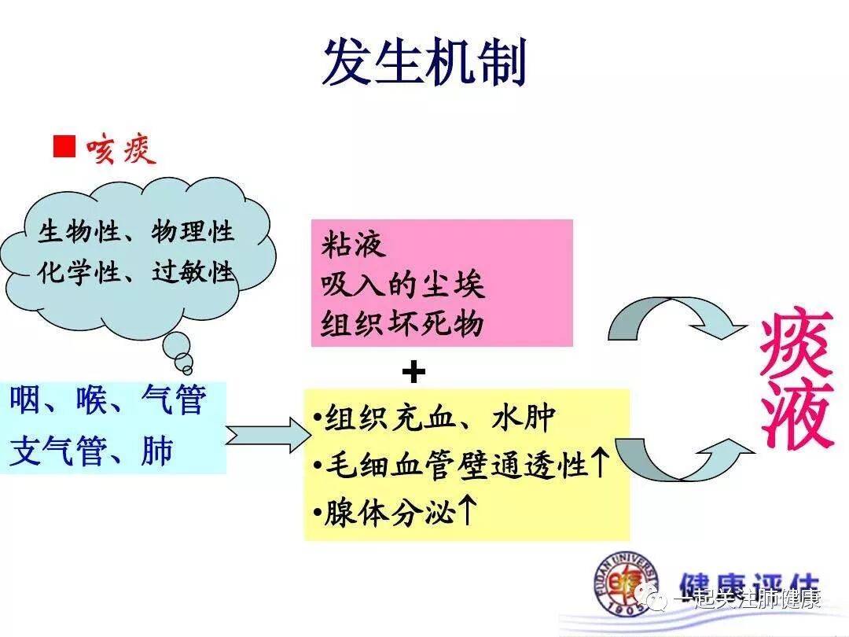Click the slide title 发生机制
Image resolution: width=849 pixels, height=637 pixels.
424,61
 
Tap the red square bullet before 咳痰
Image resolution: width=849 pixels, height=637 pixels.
64,146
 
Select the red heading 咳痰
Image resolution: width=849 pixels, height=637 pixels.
122,148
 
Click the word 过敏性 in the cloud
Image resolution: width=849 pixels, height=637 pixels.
193,272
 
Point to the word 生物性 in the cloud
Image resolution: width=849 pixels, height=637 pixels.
79,232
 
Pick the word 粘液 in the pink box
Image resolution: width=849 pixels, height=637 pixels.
353,245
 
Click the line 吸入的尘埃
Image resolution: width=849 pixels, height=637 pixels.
402,284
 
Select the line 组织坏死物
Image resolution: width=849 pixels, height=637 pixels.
402,322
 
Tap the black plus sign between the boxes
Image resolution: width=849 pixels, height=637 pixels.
413,372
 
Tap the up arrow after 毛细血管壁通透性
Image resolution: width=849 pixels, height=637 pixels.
599,464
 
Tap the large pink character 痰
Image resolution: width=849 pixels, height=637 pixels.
796,344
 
